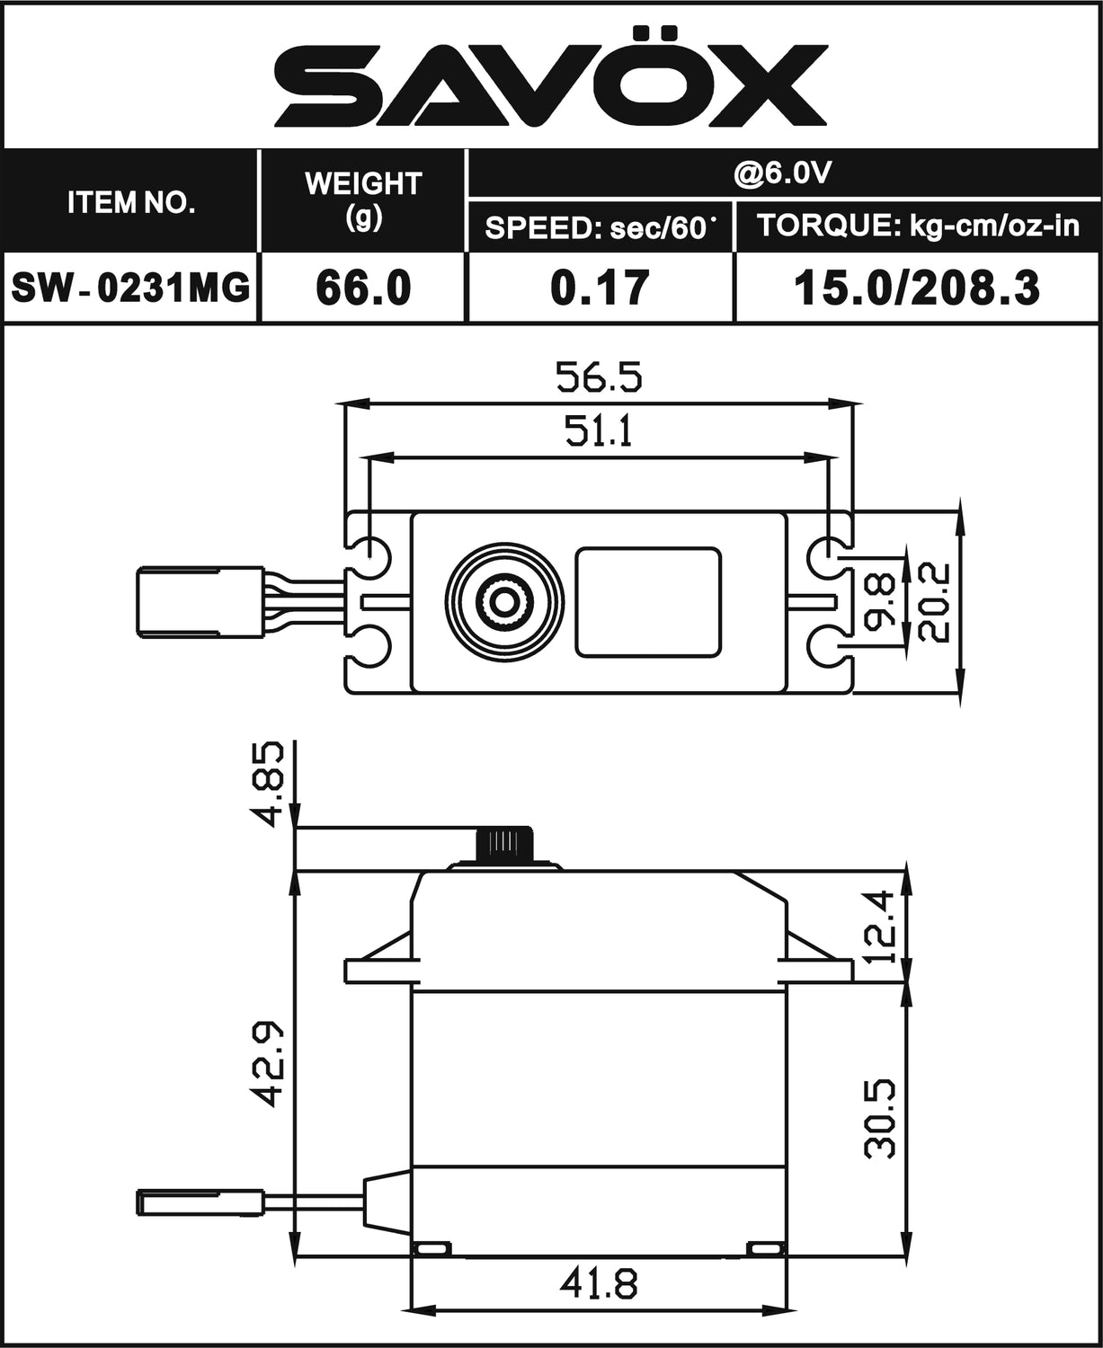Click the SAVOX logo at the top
[x=550, y=76]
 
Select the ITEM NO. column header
[x=131, y=202]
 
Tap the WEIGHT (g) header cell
[x=363, y=200]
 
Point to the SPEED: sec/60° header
[x=600, y=227]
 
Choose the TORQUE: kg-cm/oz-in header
[x=917, y=226]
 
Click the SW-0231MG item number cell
[x=131, y=288]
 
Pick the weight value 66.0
[x=363, y=288]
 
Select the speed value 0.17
[x=600, y=288]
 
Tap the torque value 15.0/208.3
[x=917, y=288]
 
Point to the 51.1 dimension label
[x=599, y=432]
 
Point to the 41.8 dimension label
[x=599, y=1284]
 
